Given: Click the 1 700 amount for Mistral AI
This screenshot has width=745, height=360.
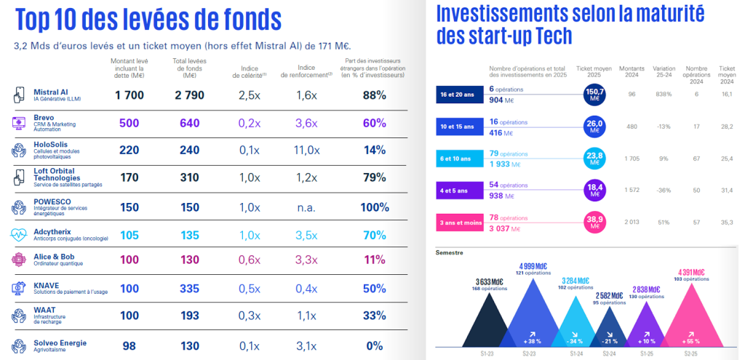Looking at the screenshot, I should pyautogui.click(x=130, y=95).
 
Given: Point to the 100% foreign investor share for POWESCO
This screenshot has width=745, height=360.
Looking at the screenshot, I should pyautogui.click(x=374, y=207).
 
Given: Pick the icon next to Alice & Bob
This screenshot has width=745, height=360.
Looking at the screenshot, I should pyautogui.click(x=19, y=260).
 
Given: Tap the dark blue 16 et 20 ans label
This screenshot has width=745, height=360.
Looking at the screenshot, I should pyautogui.click(x=456, y=95).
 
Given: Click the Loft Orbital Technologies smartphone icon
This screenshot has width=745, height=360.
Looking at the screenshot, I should pyautogui.click(x=19, y=177).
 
